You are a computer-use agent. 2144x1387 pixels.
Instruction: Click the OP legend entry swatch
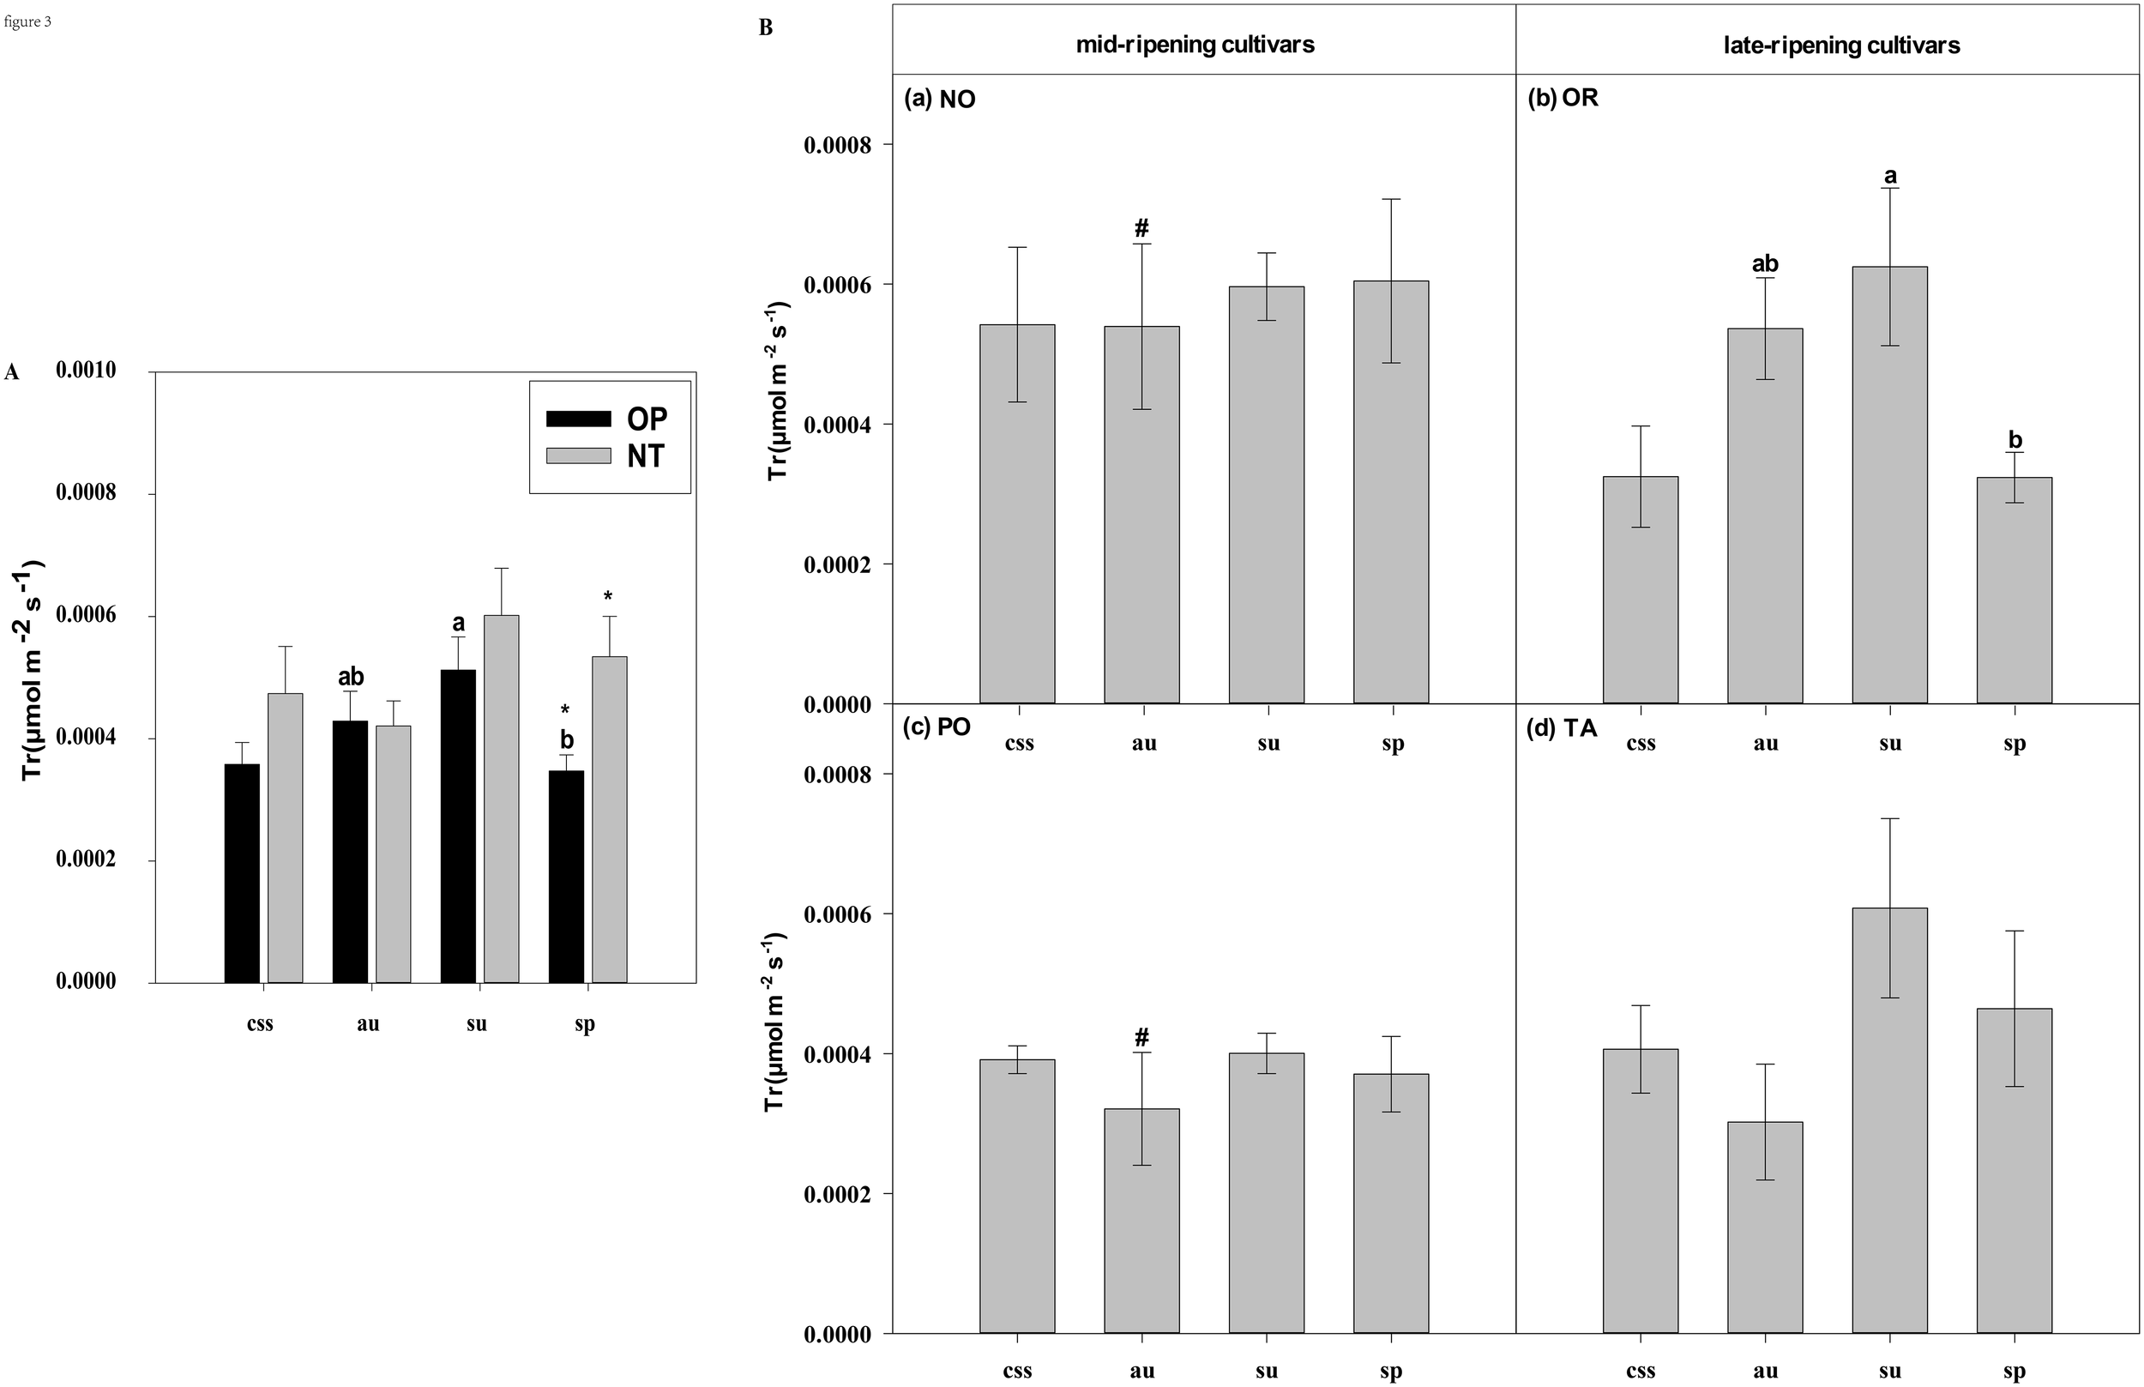coord(578,419)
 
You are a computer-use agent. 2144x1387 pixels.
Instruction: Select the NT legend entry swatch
coord(578,455)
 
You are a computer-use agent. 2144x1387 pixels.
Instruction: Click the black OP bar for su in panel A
coord(458,826)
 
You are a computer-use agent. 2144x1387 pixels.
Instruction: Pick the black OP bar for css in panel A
coord(242,872)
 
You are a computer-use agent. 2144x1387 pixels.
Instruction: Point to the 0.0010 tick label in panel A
coord(87,371)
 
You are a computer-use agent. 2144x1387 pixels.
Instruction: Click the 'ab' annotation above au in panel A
coord(350,677)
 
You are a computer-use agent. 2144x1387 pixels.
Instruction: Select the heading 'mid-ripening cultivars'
coord(1195,45)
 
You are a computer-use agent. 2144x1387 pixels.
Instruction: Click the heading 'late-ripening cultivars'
coord(1841,45)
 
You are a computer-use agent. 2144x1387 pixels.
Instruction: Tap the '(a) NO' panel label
coord(939,100)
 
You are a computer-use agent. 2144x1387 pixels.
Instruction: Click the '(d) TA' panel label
coord(1563,727)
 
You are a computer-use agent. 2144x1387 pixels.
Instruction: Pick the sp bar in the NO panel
coord(1391,491)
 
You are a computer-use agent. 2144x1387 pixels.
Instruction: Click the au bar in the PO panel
coord(1141,1221)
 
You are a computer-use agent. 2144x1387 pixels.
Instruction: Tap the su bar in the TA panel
coord(1889,1120)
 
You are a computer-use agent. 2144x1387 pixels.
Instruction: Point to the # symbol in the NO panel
coord(1141,227)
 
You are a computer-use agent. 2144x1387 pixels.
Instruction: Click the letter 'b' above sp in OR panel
coord(2015,439)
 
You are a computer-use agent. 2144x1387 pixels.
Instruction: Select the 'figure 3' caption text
coord(28,21)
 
